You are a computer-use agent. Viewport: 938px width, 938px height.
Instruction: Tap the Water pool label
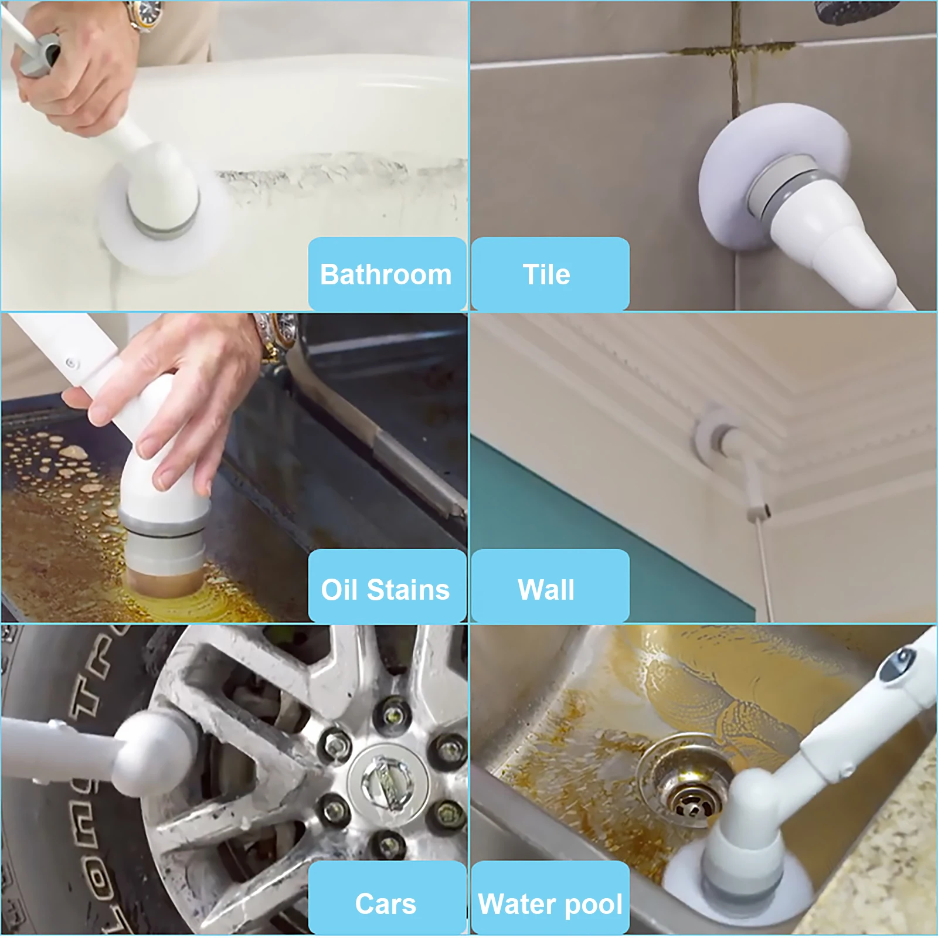549,903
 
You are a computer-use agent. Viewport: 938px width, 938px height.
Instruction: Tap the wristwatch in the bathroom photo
145,14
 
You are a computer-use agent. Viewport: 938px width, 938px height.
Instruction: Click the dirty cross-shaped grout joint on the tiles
733,50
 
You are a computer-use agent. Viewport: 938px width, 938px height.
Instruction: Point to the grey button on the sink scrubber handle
897,665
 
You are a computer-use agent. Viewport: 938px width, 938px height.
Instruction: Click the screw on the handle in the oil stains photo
72,363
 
